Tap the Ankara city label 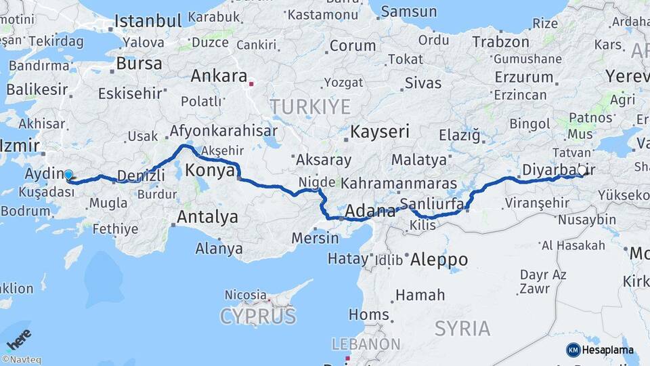[218, 76]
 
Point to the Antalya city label [207, 217]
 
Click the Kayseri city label [380, 131]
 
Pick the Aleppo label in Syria [439, 259]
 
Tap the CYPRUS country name [257, 316]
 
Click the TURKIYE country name [310, 106]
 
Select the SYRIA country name [462, 329]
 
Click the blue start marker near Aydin [68, 175]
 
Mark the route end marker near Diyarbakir [581, 171]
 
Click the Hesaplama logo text [607, 350]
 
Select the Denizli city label [141, 176]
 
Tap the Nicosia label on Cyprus [245, 295]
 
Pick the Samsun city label [408, 12]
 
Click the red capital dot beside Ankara [251, 85]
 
